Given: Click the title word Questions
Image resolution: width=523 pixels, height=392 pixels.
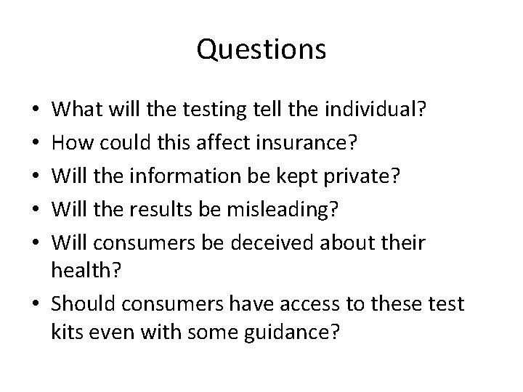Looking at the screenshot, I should coord(261,49).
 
